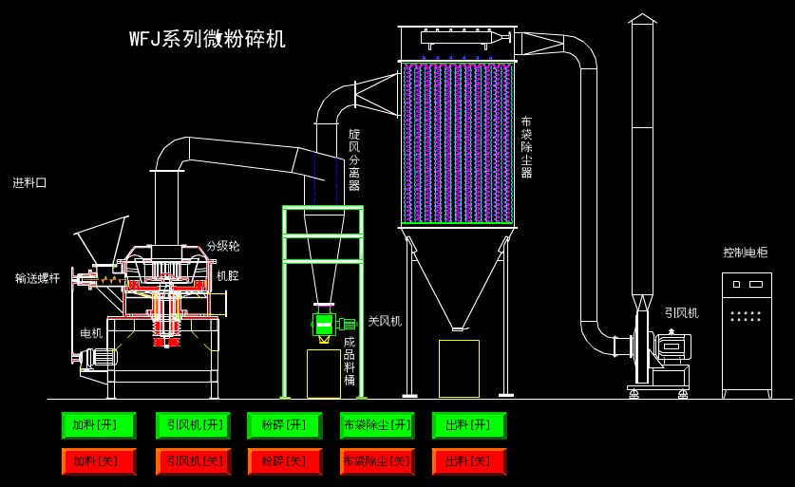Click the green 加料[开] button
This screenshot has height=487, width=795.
click(x=99, y=425)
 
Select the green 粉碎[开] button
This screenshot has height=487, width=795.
click(x=284, y=425)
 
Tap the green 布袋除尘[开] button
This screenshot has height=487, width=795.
click(x=377, y=425)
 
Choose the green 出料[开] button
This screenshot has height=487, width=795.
click(x=469, y=425)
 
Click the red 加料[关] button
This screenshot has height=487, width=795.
click(x=99, y=461)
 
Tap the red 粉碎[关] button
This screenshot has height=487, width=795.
click(x=284, y=461)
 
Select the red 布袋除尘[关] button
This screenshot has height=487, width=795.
click(x=377, y=461)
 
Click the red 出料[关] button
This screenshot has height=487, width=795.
click(x=469, y=461)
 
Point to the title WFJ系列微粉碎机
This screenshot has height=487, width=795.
click(x=207, y=39)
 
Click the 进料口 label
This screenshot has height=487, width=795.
click(x=29, y=182)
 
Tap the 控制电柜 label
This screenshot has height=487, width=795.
click(x=745, y=253)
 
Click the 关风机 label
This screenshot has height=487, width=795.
click(x=385, y=321)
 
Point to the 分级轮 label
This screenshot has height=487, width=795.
click(x=223, y=246)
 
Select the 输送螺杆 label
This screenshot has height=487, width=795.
click(x=38, y=278)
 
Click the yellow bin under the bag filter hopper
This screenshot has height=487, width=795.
click(x=459, y=368)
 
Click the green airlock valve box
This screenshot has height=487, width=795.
click(x=324, y=324)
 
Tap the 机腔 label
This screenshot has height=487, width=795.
click(x=227, y=276)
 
